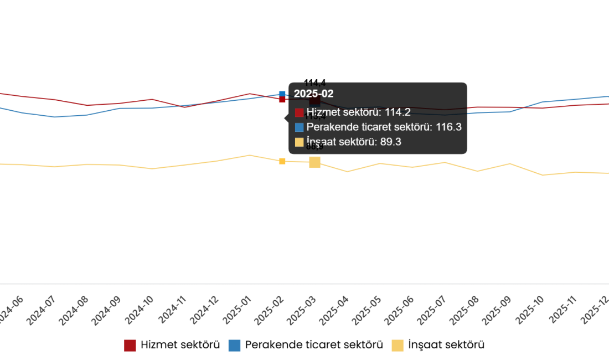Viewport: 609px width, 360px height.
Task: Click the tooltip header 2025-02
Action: (x=313, y=94)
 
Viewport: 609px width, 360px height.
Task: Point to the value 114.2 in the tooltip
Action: (x=398, y=112)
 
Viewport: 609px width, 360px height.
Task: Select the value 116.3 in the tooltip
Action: (x=448, y=127)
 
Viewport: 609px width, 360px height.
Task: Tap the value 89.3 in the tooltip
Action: (x=390, y=142)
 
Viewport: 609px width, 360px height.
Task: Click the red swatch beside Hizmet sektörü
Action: (x=300, y=112)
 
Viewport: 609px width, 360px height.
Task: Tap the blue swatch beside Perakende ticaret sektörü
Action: (x=300, y=127)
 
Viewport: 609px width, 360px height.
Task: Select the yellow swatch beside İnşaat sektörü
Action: (x=300, y=142)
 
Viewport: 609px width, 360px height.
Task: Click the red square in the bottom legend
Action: (x=130, y=346)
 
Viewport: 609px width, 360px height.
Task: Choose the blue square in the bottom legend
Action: (x=234, y=346)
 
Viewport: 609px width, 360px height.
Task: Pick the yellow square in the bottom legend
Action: (x=398, y=346)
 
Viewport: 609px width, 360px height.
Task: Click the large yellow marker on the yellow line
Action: (x=315, y=162)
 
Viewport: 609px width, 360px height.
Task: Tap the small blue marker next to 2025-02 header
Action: (x=282, y=94)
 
